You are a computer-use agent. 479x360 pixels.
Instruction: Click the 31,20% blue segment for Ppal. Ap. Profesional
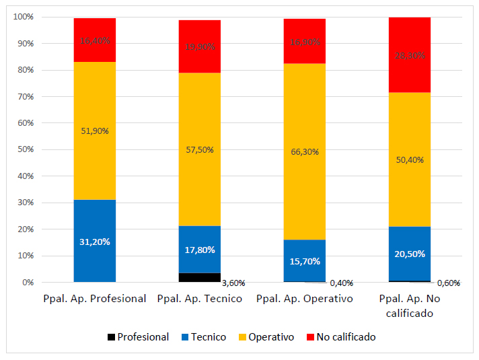coord(94,241)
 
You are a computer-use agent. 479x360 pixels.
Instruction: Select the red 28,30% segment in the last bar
coord(410,55)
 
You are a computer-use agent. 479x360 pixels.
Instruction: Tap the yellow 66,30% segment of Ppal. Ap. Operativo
coord(305,151)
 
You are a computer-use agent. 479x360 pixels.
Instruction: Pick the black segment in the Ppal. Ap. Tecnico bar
coord(200,277)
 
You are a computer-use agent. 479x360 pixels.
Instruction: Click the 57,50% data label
coord(200,149)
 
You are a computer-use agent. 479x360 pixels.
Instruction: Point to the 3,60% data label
coord(234,283)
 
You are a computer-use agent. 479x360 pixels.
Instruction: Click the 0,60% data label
coord(447,283)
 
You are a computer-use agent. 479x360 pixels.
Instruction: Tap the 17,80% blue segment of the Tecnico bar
coord(200,250)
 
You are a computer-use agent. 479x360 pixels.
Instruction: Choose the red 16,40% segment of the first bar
coord(94,40)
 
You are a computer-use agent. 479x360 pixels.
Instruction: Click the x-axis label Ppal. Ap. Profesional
coord(94,299)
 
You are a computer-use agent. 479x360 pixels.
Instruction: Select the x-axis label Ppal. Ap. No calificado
coord(410,305)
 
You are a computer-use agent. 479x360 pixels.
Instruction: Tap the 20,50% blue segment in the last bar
coord(410,254)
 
